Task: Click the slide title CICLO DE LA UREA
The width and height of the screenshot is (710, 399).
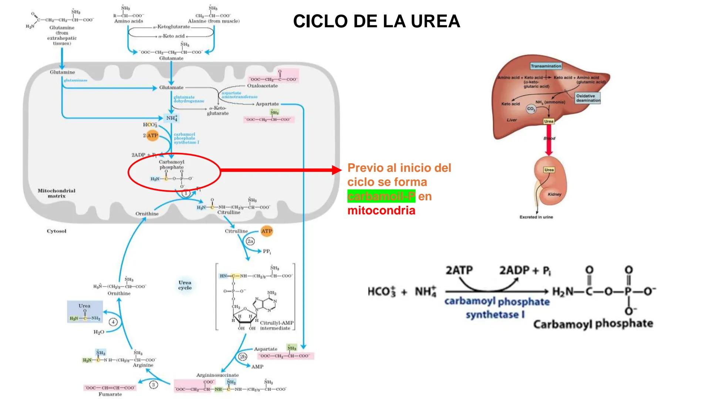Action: [376, 21]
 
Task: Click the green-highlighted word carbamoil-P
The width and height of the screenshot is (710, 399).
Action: [381, 196]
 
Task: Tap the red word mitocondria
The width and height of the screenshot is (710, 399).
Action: [381, 211]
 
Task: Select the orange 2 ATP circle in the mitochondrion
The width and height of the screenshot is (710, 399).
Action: [152, 136]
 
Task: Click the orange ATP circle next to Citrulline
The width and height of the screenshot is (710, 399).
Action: [267, 231]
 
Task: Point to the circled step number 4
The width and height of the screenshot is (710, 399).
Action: [114, 322]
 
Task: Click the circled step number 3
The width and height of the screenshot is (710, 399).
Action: [153, 385]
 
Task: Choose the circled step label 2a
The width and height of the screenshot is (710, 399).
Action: [250, 241]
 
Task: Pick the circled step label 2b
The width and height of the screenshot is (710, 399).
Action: [243, 357]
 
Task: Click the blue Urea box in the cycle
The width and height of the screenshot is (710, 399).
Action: [85, 312]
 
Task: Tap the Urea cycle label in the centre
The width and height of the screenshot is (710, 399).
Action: [185, 285]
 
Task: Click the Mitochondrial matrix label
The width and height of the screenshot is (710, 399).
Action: [57, 193]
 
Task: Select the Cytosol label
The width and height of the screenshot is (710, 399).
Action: [57, 231]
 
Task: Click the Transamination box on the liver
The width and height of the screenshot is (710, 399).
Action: [546, 66]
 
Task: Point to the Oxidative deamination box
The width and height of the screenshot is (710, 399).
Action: [588, 98]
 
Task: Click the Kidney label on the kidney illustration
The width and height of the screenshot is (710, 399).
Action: [554, 194]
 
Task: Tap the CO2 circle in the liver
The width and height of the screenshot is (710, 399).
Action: [531, 109]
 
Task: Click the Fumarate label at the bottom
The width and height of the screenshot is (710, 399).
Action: [110, 394]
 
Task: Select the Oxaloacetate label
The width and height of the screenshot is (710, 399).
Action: [262, 86]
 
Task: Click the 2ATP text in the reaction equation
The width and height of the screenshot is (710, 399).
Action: [459, 270]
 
